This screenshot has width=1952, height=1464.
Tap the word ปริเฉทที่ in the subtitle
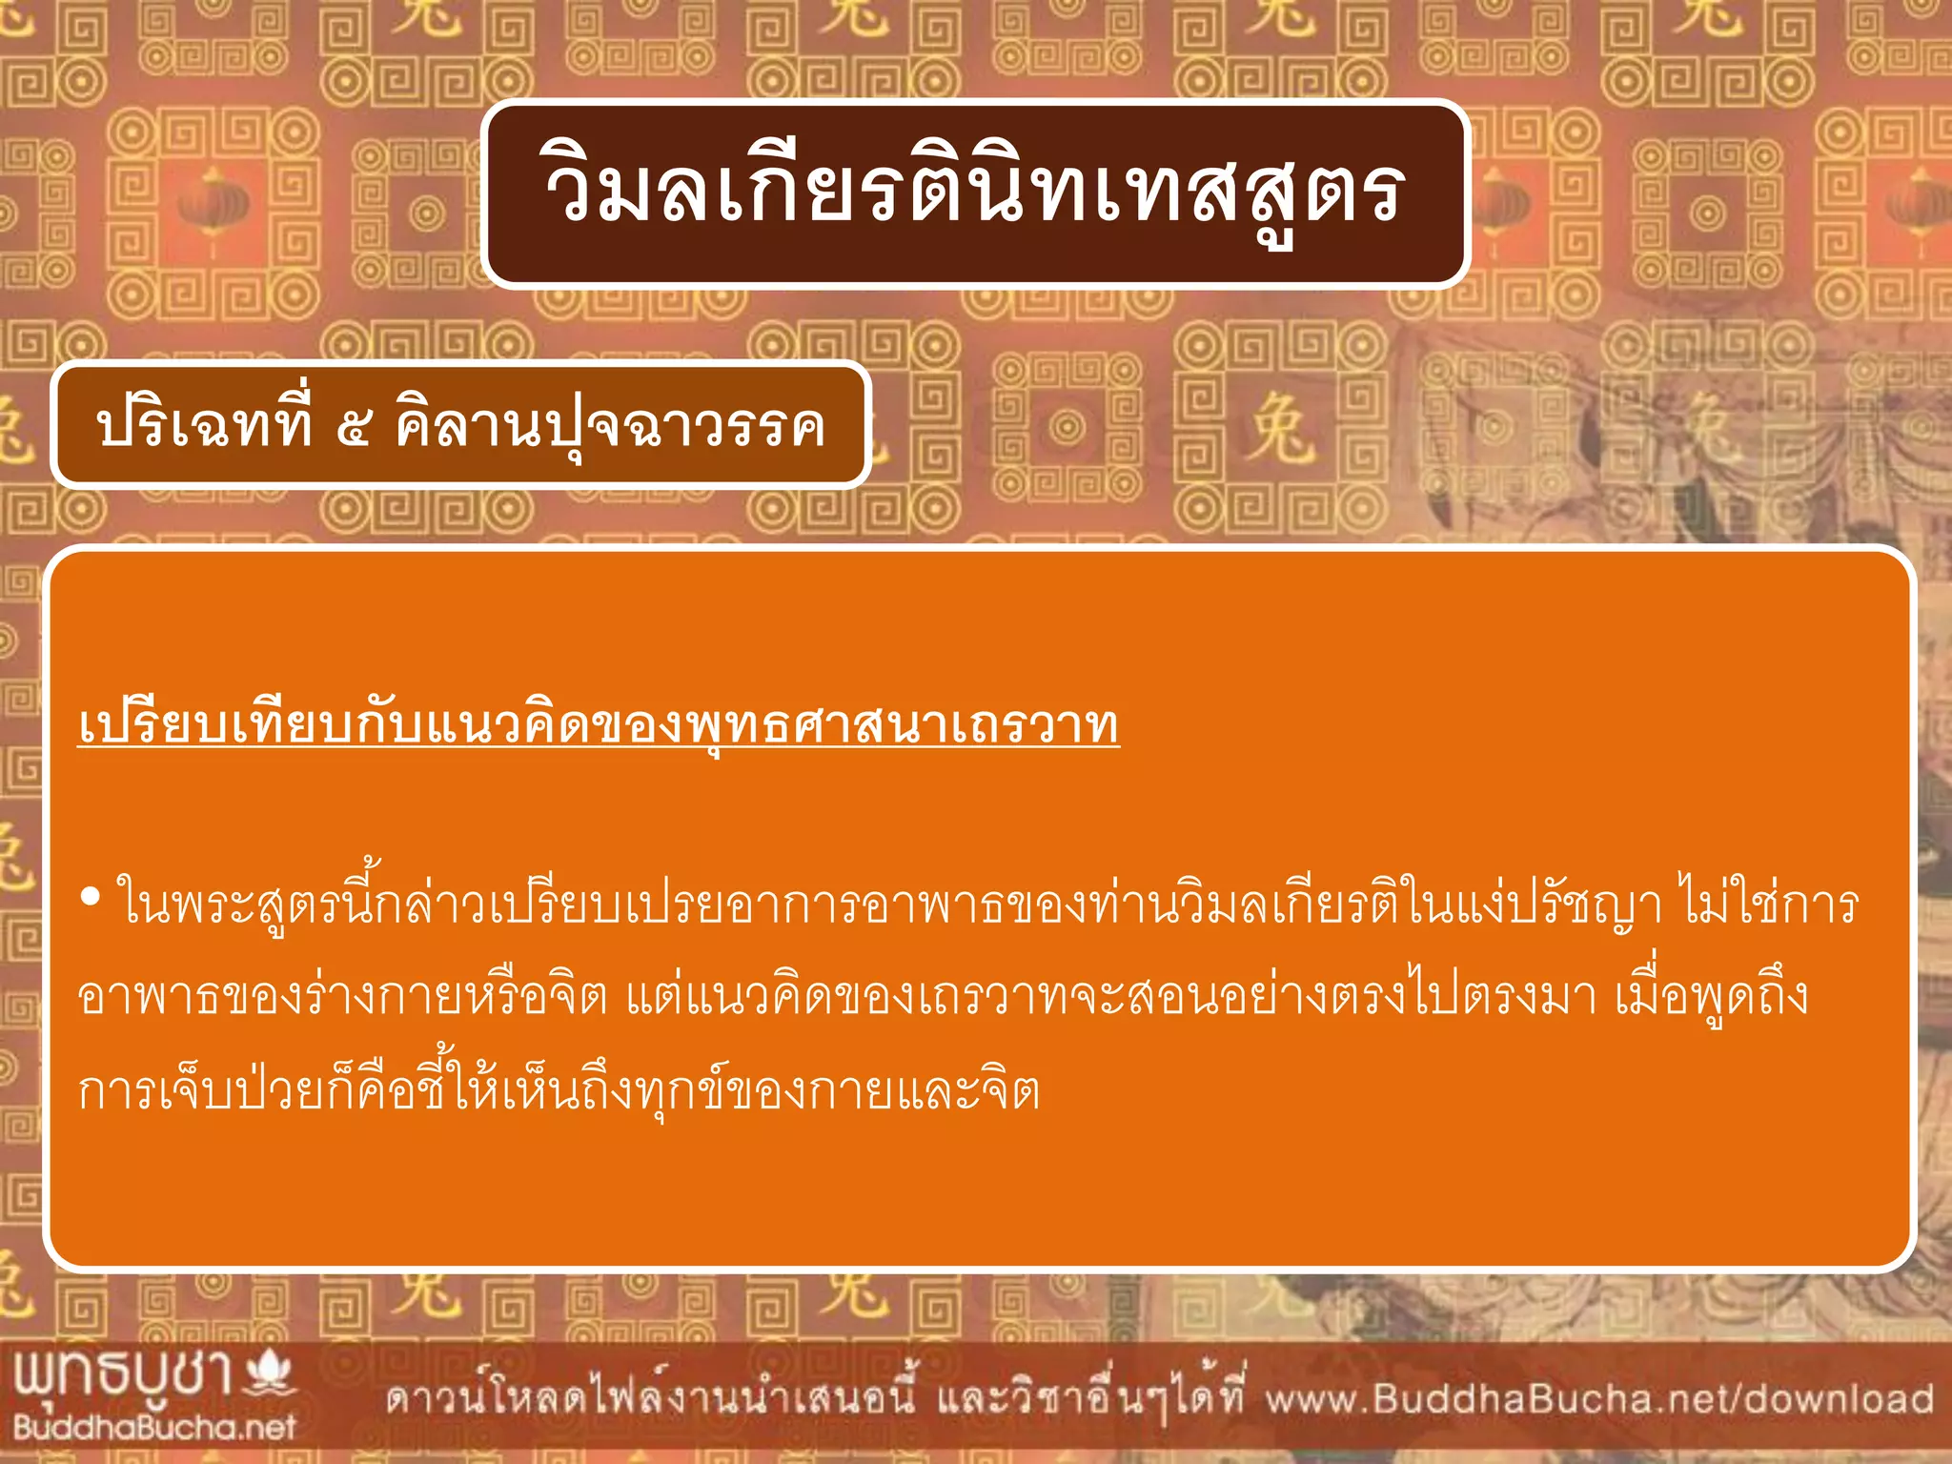click(x=204, y=425)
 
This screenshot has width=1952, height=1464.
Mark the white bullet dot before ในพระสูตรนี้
click(x=91, y=897)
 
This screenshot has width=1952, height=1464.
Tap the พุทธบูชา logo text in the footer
click(x=124, y=1375)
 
